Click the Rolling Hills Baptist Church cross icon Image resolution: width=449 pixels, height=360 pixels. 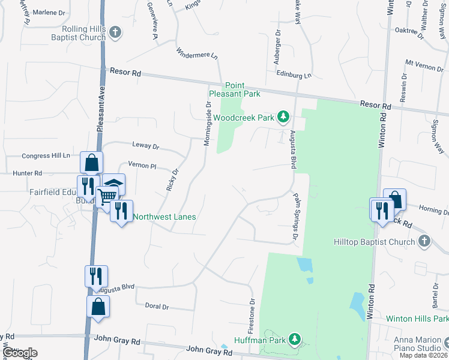[116, 32]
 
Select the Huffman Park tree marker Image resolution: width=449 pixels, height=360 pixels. [294, 340]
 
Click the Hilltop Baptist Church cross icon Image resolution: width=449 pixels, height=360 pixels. [424, 242]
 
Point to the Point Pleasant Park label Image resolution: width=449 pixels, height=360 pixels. [235, 90]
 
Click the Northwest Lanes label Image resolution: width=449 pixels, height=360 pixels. [164, 217]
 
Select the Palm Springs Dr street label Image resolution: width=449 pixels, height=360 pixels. [295, 215]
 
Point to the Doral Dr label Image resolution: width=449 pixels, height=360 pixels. [157, 306]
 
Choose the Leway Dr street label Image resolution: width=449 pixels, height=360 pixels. [145, 146]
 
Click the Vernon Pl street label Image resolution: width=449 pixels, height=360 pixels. [142, 165]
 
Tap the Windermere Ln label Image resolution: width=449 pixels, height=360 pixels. [197, 55]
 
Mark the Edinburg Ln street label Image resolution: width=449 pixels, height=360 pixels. [294, 76]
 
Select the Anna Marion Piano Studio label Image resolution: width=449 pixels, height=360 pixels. [421, 344]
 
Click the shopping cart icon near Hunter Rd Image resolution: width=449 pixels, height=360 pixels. [107, 196]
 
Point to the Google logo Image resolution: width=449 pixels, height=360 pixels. [19, 353]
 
